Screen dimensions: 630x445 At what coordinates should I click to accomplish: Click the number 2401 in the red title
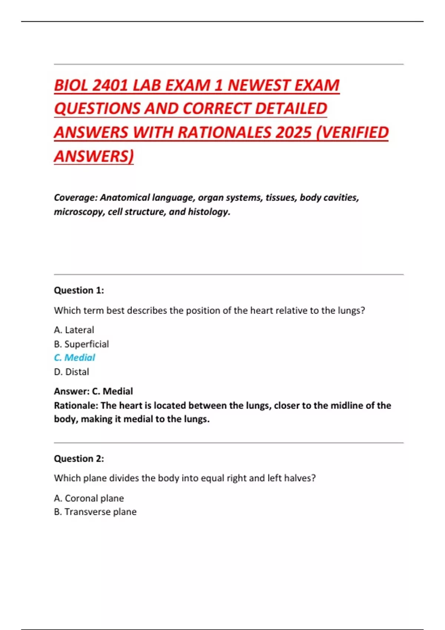tap(110, 86)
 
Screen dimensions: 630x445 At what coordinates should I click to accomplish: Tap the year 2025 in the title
tap(293, 133)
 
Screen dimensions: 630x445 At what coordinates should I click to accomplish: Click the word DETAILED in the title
tap(291, 109)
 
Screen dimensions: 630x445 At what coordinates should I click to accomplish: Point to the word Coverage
tap(76, 198)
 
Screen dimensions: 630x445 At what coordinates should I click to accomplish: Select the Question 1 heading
tap(79, 290)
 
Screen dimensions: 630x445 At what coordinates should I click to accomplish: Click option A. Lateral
tap(74, 330)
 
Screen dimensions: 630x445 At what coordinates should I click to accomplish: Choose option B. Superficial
tap(82, 344)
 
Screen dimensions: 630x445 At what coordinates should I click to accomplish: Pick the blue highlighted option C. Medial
tap(75, 358)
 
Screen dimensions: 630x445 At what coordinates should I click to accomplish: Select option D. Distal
tap(72, 372)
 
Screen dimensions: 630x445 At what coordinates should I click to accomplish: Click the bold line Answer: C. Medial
tap(93, 391)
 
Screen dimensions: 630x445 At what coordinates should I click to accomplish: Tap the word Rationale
tap(75, 405)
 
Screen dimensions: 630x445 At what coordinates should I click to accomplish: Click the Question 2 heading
tap(79, 458)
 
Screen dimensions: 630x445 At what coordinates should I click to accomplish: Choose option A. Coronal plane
tap(89, 498)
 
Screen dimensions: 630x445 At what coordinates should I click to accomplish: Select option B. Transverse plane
tap(95, 512)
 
